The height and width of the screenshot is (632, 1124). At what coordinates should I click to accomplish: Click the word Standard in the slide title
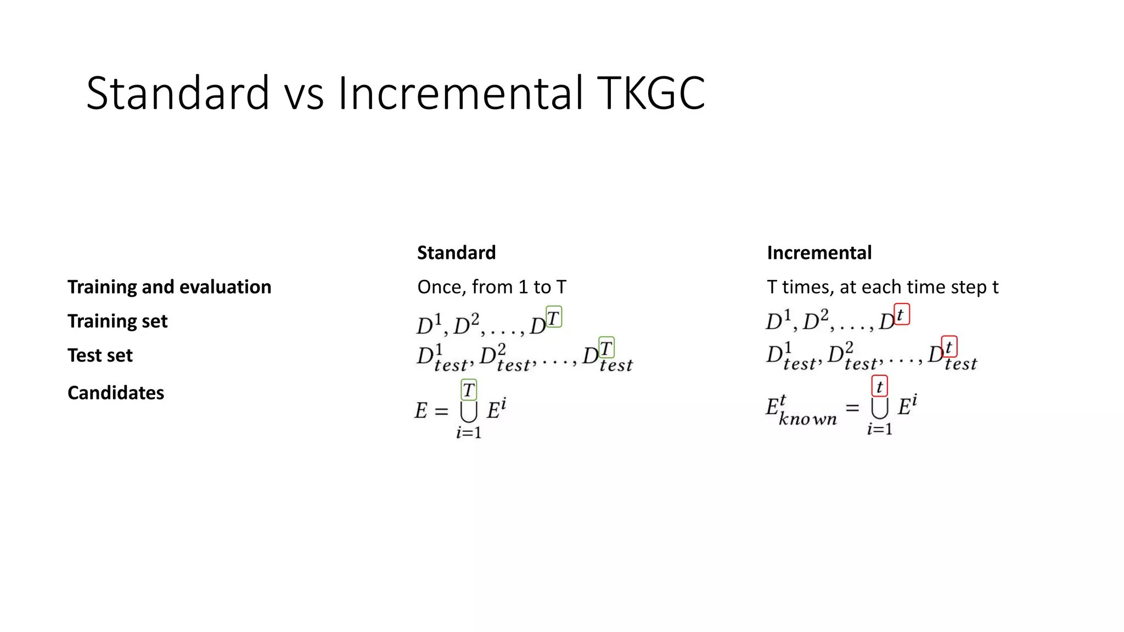click(178, 93)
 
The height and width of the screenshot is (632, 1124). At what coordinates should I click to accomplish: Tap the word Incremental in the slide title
click(460, 93)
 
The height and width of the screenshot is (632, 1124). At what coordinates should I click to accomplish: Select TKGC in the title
click(650, 93)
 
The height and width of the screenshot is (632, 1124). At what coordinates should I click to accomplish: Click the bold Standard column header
click(456, 253)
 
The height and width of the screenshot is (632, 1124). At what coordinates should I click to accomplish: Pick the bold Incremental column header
click(819, 253)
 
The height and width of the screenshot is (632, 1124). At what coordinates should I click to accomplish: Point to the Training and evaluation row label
click(169, 287)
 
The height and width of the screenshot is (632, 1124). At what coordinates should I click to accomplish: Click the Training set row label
click(117, 321)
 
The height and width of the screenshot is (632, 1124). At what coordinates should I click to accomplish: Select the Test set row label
click(100, 356)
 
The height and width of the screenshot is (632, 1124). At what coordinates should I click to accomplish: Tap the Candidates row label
click(116, 393)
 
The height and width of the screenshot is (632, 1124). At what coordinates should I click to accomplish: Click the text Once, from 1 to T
click(491, 287)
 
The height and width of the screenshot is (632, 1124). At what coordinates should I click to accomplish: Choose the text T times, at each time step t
click(883, 287)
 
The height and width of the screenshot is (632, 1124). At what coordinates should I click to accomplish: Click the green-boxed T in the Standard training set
click(554, 317)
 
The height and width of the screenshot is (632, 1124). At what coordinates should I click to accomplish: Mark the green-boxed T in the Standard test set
click(606, 348)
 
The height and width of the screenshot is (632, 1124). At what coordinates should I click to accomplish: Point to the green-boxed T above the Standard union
click(469, 390)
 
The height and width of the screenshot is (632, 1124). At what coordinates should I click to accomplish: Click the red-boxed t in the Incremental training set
click(901, 315)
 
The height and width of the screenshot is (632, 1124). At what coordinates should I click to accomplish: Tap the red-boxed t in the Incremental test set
click(949, 347)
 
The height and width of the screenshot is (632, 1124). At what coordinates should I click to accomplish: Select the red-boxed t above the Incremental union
click(879, 386)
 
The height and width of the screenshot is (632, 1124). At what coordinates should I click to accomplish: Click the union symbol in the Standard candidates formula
click(469, 411)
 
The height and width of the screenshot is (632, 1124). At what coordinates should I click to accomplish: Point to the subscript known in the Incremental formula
click(807, 420)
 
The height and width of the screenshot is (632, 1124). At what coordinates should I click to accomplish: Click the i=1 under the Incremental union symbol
click(879, 429)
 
